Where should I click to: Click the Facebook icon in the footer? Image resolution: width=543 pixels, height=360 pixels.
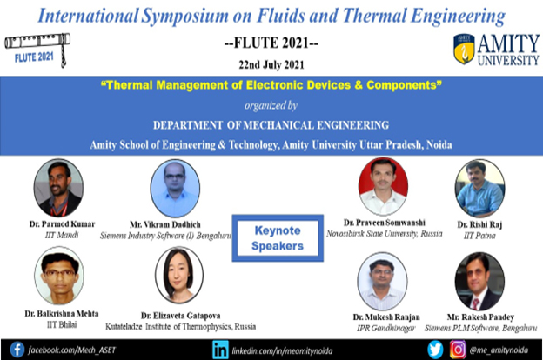(x=17, y=350)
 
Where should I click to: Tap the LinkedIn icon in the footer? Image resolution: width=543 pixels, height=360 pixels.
(x=221, y=350)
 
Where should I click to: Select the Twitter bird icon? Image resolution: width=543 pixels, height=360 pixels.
(x=435, y=350)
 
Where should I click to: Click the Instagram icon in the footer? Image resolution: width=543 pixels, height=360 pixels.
(x=458, y=350)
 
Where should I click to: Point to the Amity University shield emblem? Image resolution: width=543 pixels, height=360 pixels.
(x=464, y=50)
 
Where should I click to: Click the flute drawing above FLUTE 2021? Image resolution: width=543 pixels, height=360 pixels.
(x=37, y=45)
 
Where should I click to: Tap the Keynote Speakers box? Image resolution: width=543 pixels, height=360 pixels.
(x=278, y=238)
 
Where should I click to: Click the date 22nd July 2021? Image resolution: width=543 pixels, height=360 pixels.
(x=271, y=64)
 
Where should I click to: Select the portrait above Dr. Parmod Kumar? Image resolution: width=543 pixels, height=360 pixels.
(x=58, y=188)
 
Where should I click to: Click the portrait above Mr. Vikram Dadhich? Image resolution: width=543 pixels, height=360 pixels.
(x=175, y=189)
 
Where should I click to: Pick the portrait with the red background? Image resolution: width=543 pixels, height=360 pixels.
(x=383, y=186)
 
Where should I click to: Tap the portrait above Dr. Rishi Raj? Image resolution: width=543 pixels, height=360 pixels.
(x=479, y=189)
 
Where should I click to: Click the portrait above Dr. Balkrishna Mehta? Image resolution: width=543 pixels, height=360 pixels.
(x=59, y=276)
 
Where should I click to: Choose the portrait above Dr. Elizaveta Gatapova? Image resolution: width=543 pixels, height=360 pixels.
(x=179, y=275)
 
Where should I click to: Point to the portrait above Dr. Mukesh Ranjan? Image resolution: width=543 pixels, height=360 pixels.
(x=382, y=281)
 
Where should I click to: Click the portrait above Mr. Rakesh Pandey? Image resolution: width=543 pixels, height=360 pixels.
(x=479, y=281)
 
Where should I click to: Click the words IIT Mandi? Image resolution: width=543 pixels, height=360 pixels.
(x=62, y=235)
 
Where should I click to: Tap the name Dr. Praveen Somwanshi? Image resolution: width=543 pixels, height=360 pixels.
(x=385, y=223)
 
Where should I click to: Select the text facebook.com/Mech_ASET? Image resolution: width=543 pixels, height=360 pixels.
(x=72, y=350)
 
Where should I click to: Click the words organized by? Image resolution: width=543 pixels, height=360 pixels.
(x=271, y=105)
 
